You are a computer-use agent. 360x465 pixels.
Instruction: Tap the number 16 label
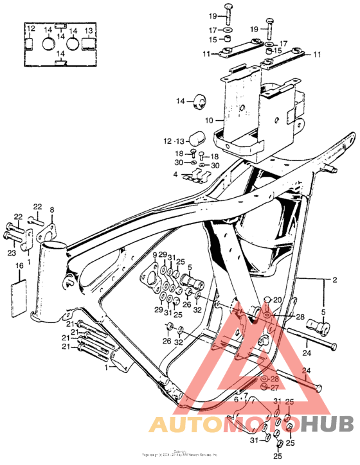coord(19,265)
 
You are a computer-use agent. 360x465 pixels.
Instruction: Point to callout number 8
coord(53,209)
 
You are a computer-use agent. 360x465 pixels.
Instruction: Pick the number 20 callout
coord(277,300)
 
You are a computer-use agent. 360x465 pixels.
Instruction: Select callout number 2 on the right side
coord(334,281)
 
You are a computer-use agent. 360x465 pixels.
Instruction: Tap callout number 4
coord(175,174)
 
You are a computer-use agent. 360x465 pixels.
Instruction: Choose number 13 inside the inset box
coord(89,30)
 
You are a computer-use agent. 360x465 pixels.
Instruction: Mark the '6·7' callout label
coord(240,398)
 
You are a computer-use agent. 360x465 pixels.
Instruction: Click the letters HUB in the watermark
coord(331,425)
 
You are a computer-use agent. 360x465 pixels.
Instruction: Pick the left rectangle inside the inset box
coord(29,44)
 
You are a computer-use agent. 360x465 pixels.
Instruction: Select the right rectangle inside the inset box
coord(89,44)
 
